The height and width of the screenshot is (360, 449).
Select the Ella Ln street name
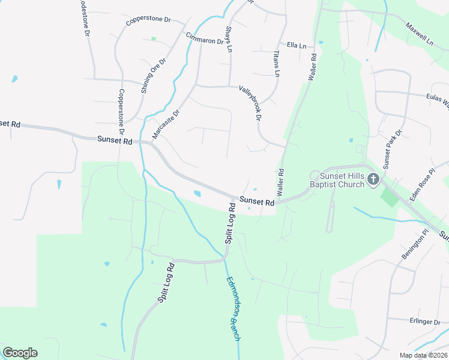click(297, 46)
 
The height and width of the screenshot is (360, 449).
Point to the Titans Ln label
click(277, 63)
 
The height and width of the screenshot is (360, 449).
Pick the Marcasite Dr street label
click(166, 124)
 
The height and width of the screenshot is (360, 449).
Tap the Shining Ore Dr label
click(153, 76)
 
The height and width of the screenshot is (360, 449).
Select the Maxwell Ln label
click(419, 35)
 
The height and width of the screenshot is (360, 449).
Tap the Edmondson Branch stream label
click(234, 309)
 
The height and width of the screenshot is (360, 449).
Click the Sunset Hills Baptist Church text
click(342, 180)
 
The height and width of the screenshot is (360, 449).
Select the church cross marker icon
click(373, 179)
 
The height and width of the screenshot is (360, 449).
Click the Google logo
click(20, 353)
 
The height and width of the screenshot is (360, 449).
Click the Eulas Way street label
click(438, 100)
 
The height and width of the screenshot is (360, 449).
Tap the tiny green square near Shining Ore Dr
click(154, 39)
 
